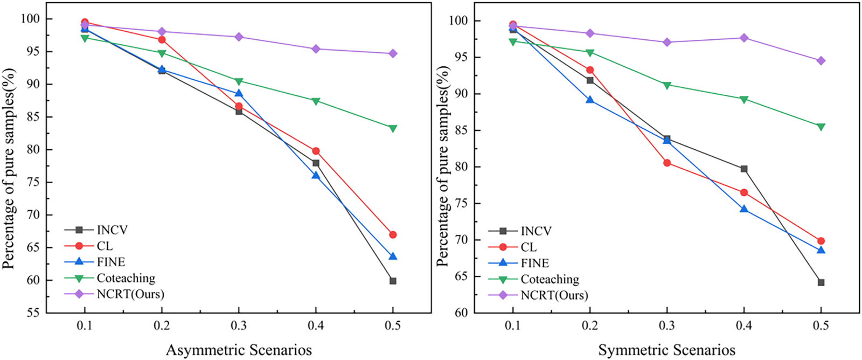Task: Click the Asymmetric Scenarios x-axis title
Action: tap(239, 350)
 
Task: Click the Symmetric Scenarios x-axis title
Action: tap(666, 350)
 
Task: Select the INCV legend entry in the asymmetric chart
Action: tap(112, 230)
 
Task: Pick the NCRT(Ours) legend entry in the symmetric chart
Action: tap(554, 295)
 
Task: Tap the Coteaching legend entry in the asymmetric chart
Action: tap(126, 278)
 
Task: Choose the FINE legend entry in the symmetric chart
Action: tap(534, 263)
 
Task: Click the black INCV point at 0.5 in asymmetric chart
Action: tap(393, 281)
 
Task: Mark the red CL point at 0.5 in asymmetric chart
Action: tap(393, 235)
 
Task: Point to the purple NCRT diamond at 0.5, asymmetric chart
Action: tap(393, 53)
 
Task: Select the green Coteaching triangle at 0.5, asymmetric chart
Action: tap(393, 128)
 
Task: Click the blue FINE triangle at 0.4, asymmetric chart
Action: tap(316, 175)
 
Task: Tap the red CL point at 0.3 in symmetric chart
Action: tap(667, 163)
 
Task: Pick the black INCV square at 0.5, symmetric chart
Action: tap(821, 282)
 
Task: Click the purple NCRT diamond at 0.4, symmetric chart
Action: tap(744, 38)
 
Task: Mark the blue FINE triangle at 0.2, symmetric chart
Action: tap(590, 100)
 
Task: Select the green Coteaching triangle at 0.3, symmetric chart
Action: tap(667, 85)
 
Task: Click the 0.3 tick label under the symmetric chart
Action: tap(667, 326)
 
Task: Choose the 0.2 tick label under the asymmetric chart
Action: tap(162, 326)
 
